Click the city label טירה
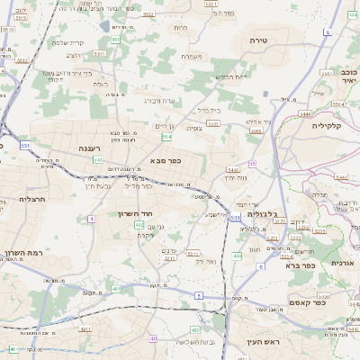(259, 41)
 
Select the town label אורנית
(340, 263)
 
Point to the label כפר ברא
(297, 265)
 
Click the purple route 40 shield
(153, 338)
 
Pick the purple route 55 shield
(253, 163)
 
